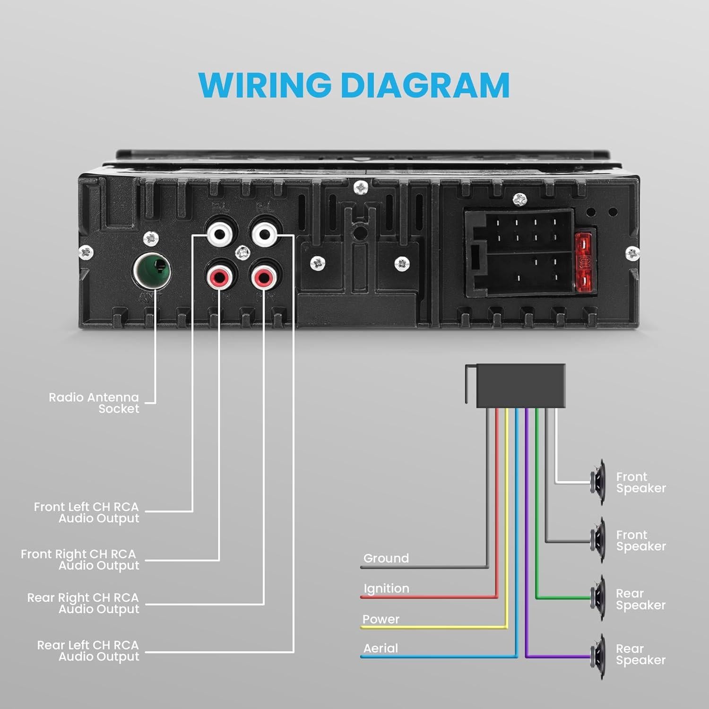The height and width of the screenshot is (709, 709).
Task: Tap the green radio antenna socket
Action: pos(152,271)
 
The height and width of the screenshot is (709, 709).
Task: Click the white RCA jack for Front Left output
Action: pos(220,233)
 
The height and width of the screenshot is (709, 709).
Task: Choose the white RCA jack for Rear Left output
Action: pos(264,233)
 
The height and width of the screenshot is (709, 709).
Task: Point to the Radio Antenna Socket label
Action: pos(94,403)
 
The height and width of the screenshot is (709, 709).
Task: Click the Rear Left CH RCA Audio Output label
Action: pos(88,651)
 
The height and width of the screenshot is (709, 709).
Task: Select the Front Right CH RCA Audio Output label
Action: pos(80,560)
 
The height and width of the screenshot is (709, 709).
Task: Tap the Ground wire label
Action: pos(386,558)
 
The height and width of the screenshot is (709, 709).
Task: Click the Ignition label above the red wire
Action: pos(386,588)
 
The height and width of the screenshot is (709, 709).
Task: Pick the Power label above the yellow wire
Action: pos(380,619)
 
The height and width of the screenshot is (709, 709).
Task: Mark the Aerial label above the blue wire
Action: pos(380,648)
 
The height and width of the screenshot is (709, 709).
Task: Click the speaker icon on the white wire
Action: pos(598,482)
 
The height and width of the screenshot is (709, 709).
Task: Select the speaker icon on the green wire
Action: pos(598,598)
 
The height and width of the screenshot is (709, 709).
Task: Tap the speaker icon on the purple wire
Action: pos(598,656)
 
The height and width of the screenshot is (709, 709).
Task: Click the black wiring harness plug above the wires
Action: pos(520,385)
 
